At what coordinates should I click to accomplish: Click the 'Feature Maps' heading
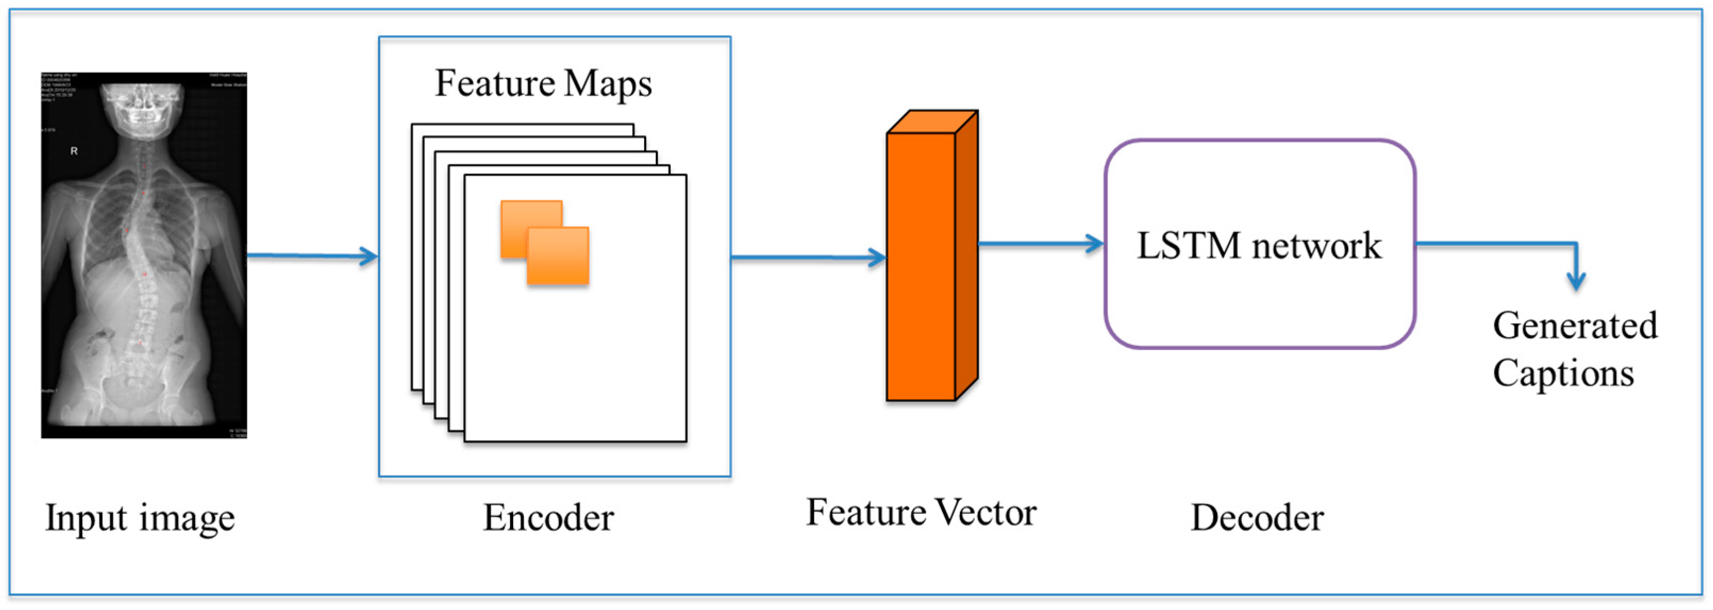click(544, 84)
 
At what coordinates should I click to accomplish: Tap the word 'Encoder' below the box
click(548, 518)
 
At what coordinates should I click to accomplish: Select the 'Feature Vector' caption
click(921, 513)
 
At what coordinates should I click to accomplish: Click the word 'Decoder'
click(1257, 518)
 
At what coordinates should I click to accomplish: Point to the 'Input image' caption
click(140, 518)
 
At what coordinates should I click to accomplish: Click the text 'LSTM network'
click(1259, 246)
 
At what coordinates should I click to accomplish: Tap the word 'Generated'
click(1575, 326)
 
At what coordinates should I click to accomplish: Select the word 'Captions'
click(1562, 374)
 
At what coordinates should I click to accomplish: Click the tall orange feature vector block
click(922, 266)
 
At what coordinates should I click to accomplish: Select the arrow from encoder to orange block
click(808, 257)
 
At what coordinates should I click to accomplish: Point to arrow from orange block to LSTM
click(1041, 244)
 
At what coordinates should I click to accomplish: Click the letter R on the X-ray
click(74, 151)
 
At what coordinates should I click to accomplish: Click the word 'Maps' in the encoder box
click(608, 84)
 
